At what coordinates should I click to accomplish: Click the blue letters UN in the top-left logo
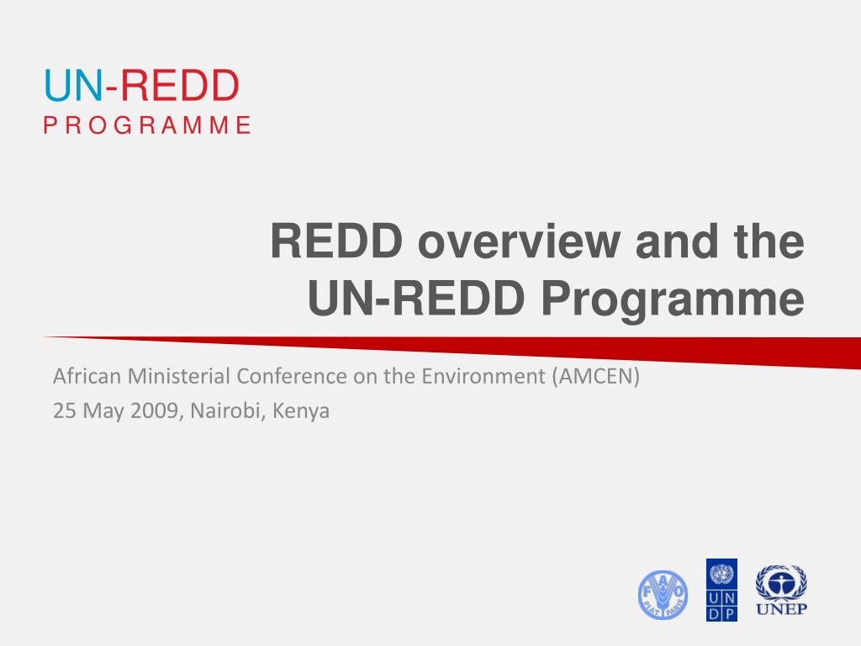[x=73, y=86]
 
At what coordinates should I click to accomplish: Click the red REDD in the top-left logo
[x=180, y=86]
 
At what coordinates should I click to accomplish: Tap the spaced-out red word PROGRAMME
[x=147, y=125]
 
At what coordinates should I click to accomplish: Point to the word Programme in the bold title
[x=673, y=299]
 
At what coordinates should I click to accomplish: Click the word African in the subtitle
[x=87, y=376]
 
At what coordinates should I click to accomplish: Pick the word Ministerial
[x=179, y=376]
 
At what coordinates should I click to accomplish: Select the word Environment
[x=483, y=376]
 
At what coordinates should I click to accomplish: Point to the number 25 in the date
[x=64, y=410]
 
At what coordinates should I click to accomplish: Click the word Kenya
[x=301, y=412]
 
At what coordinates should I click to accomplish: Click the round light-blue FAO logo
[x=663, y=595]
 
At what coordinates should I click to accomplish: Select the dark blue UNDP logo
[x=721, y=590]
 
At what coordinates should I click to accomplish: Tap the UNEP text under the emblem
[x=781, y=609]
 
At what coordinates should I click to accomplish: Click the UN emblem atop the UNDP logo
[x=721, y=574]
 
